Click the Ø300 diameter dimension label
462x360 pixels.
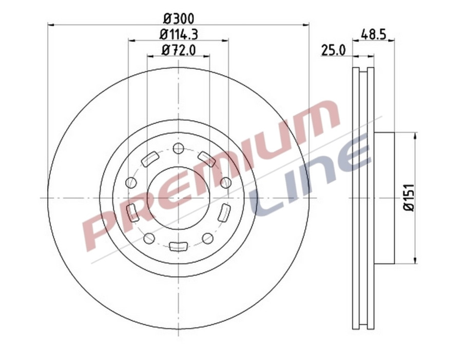[178, 18]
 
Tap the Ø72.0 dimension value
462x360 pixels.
[178, 50]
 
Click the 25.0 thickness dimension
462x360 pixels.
[333, 50]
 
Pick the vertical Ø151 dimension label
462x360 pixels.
[409, 197]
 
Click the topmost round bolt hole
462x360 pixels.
[178, 149]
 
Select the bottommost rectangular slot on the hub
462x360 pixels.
[178, 246]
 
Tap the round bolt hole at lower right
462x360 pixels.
[207, 238]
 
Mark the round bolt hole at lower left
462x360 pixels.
[149, 238]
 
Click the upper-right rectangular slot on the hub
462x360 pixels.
[206, 159]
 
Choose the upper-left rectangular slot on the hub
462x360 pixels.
[149, 159]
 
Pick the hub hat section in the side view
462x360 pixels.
[384, 198]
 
